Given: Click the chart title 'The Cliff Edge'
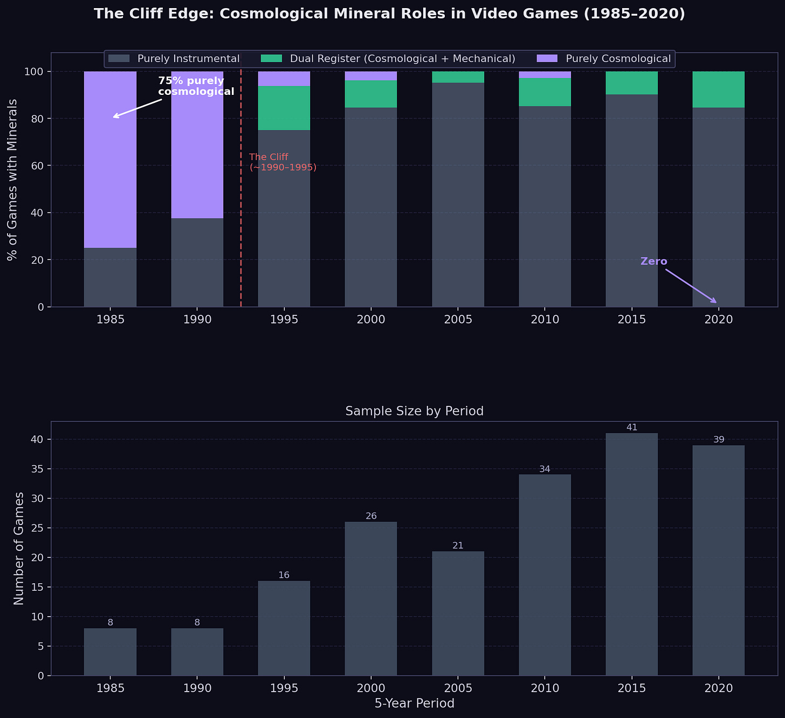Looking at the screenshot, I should coord(389,14).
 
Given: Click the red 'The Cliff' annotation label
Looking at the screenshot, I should coord(283,162).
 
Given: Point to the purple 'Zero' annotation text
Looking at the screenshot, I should coord(653,261).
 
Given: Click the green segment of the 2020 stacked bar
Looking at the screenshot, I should coord(719,89).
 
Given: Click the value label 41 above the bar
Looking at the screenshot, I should coord(631,427).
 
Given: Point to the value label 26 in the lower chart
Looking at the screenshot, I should coord(371,516).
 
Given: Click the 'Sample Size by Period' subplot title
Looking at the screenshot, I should coord(414,411).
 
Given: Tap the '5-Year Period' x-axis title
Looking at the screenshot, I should coord(414,703).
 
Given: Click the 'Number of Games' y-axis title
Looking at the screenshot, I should coord(19,548).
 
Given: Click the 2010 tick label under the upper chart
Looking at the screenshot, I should coord(545,320).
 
